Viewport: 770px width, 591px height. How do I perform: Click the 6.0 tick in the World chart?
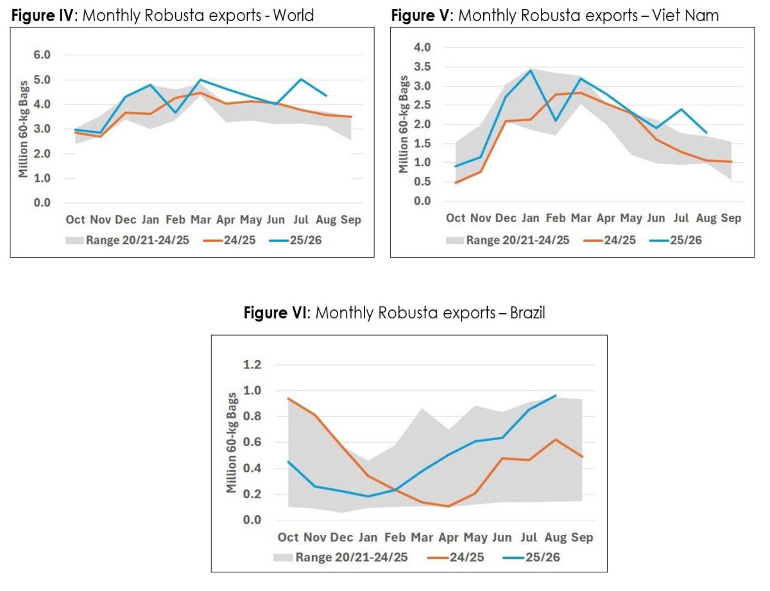42,55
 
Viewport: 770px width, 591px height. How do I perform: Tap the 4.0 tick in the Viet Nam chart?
422,47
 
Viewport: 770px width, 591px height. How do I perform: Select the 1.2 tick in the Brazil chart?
252,364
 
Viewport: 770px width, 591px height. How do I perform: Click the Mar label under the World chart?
201,219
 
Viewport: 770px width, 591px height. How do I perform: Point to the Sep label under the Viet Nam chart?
731,218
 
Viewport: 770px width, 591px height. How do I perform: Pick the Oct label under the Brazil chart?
288,538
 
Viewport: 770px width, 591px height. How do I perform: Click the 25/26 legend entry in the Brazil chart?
531,558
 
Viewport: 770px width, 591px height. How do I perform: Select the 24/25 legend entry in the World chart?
229,240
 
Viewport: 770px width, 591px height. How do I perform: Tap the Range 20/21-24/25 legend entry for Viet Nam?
508,240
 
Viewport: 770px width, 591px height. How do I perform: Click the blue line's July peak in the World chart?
301,79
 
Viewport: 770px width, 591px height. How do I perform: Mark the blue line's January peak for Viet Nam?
531,70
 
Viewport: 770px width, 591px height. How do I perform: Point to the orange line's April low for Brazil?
449,506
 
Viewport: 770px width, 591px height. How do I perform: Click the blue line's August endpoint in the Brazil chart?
556,395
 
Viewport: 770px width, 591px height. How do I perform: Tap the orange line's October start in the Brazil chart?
288,398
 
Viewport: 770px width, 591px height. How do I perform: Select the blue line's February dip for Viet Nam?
556,121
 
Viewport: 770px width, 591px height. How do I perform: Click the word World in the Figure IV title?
293,15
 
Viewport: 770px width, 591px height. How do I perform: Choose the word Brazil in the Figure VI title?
527,313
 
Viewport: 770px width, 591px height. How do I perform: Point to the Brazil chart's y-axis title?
231,443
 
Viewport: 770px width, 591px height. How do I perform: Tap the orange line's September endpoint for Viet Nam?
732,162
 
